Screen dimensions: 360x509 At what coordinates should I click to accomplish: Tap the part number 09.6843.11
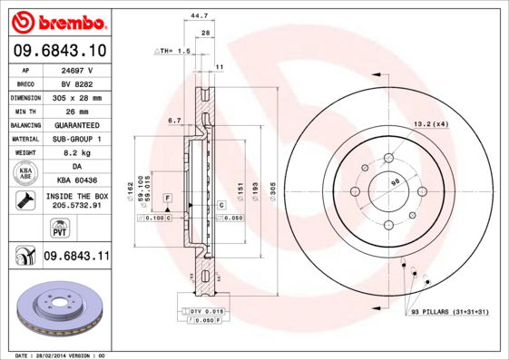tap(76, 258)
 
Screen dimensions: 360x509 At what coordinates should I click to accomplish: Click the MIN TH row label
tap(24, 111)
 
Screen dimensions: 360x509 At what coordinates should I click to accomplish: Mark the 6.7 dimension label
tap(174, 120)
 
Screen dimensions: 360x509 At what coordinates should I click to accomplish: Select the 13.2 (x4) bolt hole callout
tap(431, 123)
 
